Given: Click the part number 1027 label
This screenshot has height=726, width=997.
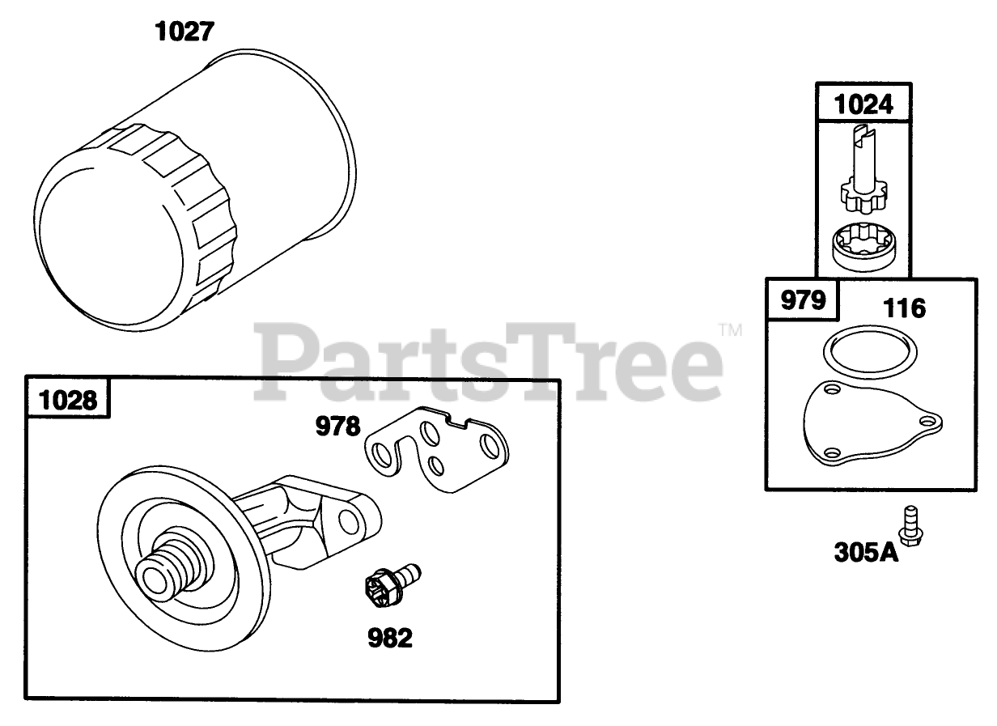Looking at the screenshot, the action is point(185,32).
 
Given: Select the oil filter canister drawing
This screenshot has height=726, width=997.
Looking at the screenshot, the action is point(195,190).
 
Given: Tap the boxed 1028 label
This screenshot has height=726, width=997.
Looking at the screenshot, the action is point(68,400).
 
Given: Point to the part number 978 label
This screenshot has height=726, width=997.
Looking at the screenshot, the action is point(337,426).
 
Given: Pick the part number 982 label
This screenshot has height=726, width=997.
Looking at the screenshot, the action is point(390,638).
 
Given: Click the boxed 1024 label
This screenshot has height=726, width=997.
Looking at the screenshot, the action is point(863,104).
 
